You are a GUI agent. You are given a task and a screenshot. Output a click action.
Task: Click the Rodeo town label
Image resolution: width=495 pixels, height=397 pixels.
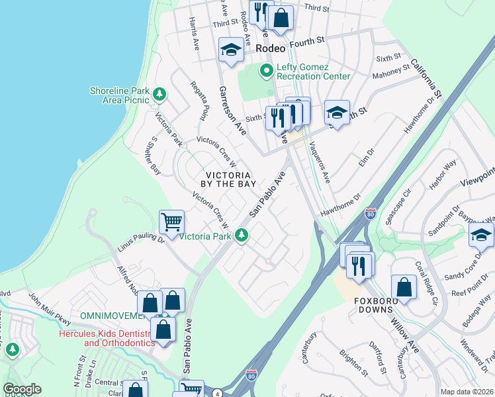click(271, 48)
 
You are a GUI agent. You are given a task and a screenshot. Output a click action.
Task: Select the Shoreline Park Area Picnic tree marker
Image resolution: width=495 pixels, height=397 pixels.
click(159, 95)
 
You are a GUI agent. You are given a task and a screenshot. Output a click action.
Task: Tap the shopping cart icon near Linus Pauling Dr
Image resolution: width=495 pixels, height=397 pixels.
click(172, 222)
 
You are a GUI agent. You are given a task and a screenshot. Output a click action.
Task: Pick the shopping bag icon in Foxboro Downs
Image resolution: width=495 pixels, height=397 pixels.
click(403, 287)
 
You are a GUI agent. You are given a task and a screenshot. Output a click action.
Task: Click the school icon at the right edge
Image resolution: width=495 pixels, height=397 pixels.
click(480, 235)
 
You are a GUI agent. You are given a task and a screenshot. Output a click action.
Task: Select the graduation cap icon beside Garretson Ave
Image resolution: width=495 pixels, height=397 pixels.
click(231, 50)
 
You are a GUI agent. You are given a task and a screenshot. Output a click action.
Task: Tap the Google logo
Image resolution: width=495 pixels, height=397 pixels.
click(22, 389)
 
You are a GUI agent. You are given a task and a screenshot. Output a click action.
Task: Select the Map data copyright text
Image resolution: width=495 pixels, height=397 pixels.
click(466, 392)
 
